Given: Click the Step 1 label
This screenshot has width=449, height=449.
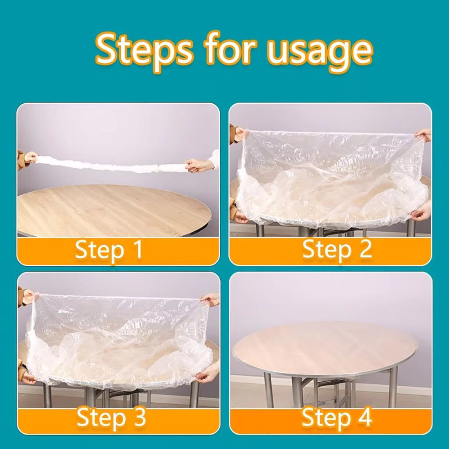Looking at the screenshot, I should [109, 250].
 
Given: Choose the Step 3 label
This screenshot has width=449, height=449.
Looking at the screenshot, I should [111, 418].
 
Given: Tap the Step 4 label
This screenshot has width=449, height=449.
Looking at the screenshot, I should [337, 417].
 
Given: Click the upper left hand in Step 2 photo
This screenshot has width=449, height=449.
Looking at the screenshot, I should [239, 134].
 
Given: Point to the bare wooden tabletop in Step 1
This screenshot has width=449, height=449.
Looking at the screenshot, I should [112, 207].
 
